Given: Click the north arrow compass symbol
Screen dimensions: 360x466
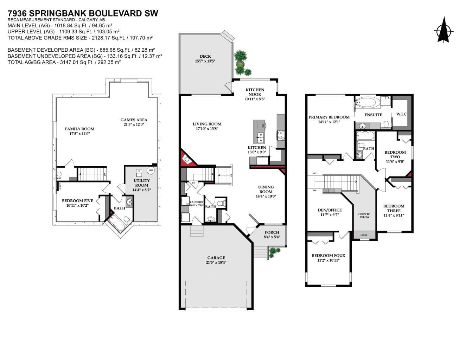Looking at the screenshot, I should [x=443, y=31].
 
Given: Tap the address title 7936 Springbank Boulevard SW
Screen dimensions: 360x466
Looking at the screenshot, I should [x=83, y=13].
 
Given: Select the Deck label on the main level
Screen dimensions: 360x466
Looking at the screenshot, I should [x=205, y=56].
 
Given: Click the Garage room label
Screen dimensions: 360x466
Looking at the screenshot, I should [x=216, y=258].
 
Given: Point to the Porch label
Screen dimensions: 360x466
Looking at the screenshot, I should [x=272, y=232].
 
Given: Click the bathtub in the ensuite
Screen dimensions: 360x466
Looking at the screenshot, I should [x=367, y=103].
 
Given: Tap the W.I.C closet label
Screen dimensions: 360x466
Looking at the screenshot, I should [x=401, y=114].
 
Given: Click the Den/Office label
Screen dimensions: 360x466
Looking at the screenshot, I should [x=329, y=210].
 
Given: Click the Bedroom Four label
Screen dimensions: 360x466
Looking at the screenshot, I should [x=328, y=256].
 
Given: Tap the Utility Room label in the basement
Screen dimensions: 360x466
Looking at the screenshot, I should [x=141, y=183].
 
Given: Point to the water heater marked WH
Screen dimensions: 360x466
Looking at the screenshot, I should [x=151, y=171].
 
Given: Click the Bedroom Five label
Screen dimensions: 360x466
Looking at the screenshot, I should [x=77, y=201].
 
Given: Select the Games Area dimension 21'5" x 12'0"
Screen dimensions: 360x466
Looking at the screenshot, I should [x=134, y=124].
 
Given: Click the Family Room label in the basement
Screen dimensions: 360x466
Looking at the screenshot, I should [x=79, y=129].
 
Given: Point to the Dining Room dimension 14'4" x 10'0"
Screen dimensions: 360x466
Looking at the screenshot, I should [x=266, y=197].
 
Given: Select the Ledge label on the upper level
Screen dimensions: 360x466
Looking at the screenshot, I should [x=364, y=235].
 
